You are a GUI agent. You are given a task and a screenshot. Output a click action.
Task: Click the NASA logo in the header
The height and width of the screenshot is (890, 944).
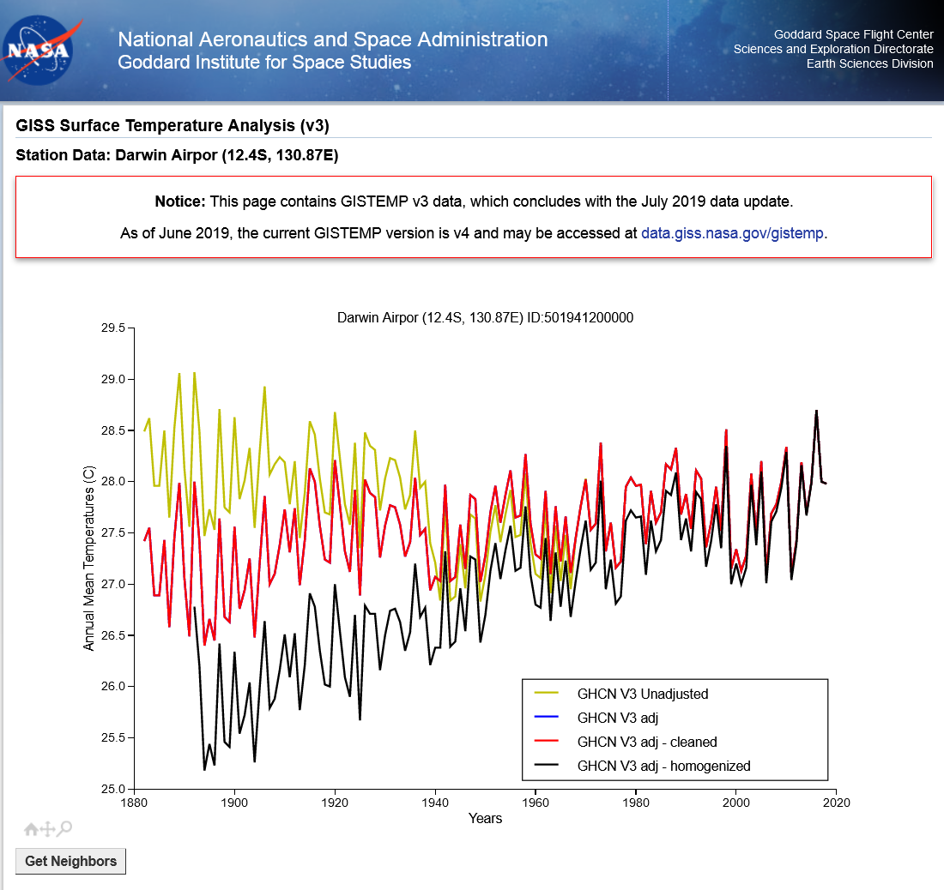tap(38, 51)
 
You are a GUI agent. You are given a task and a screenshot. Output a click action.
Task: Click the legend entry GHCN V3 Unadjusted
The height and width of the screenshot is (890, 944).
tap(642, 694)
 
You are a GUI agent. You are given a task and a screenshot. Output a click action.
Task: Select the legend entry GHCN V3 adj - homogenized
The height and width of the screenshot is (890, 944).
tap(663, 766)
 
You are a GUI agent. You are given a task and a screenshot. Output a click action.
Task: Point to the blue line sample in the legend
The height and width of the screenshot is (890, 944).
tap(546, 718)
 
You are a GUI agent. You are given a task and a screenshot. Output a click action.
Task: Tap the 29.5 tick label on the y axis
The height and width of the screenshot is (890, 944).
tap(113, 328)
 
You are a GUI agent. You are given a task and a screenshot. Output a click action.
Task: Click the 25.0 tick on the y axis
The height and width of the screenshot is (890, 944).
tap(113, 789)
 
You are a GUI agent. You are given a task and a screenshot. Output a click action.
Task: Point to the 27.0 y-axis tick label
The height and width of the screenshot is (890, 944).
tap(113, 584)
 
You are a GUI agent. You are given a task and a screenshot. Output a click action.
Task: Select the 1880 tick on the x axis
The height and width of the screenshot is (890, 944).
tap(133, 803)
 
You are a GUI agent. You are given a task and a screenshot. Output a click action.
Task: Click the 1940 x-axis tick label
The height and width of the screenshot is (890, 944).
tap(435, 803)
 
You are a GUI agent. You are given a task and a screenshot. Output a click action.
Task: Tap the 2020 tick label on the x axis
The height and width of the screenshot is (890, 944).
tap(836, 803)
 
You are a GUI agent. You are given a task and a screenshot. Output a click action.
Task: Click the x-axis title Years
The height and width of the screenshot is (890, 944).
tap(485, 819)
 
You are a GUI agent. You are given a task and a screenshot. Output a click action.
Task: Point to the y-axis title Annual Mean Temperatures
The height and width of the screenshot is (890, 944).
tap(89, 559)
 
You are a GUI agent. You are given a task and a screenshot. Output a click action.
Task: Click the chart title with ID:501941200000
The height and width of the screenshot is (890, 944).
tap(485, 317)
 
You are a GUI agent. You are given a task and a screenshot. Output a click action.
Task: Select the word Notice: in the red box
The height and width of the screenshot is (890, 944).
tap(180, 202)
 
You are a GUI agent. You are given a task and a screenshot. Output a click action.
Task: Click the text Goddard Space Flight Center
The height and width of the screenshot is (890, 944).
tap(853, 35)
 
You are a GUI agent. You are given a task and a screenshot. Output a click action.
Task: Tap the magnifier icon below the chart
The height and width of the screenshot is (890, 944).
tap(65, 828)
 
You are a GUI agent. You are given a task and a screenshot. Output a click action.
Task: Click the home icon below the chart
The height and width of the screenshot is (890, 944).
tap(31, 829)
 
